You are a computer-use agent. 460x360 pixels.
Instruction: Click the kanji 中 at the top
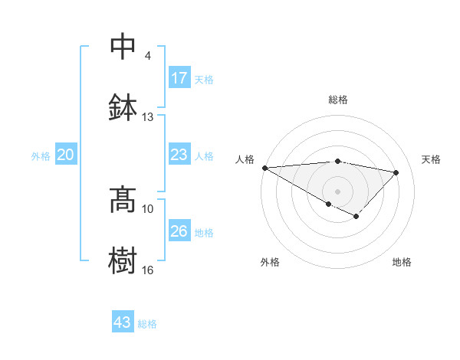point(123,47)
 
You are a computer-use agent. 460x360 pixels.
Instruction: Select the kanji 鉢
point(123,108)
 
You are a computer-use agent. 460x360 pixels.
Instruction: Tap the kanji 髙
point(123,200)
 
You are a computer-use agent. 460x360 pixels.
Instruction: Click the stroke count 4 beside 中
point(147,56)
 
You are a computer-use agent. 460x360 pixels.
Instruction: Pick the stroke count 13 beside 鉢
point(147,117)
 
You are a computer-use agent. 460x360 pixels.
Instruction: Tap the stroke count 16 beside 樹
point(147,270)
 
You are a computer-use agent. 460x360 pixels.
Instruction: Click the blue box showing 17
point(179,78)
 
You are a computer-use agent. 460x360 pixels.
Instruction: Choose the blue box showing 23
point(179,155)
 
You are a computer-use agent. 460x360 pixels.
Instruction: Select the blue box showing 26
point(179,231)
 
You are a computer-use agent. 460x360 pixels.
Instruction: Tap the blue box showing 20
point(66,155)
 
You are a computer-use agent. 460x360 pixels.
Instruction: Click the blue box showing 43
point(123,322)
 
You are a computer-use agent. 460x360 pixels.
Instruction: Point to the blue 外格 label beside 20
point(41,155)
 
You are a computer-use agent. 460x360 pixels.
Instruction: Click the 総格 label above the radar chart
point(338,100)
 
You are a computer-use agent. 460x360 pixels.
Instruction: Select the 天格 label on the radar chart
point(432,159)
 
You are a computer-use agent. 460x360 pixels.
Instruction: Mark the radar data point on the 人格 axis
point(264,168)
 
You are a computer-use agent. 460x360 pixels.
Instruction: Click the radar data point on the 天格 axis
point(396,172)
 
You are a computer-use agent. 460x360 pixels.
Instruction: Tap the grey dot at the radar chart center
point(338,191)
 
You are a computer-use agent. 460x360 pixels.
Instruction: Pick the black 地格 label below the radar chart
point(402,262)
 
